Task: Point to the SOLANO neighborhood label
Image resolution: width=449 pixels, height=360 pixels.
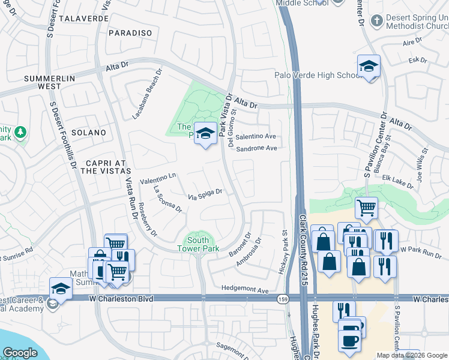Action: point(88,132)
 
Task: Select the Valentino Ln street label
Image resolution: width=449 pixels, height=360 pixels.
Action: point(157,178)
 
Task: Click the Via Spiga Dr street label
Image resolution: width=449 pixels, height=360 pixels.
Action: point(205,194)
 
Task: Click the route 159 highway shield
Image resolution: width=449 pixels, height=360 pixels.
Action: point(282,298)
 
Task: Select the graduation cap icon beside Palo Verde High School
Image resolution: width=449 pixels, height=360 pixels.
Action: point(369,67)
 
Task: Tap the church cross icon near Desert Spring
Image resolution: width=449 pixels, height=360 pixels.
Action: point(376,21)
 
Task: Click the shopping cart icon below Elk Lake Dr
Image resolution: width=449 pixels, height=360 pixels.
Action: point(366,208)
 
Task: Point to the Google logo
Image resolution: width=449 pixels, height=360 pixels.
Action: point(20,352)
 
